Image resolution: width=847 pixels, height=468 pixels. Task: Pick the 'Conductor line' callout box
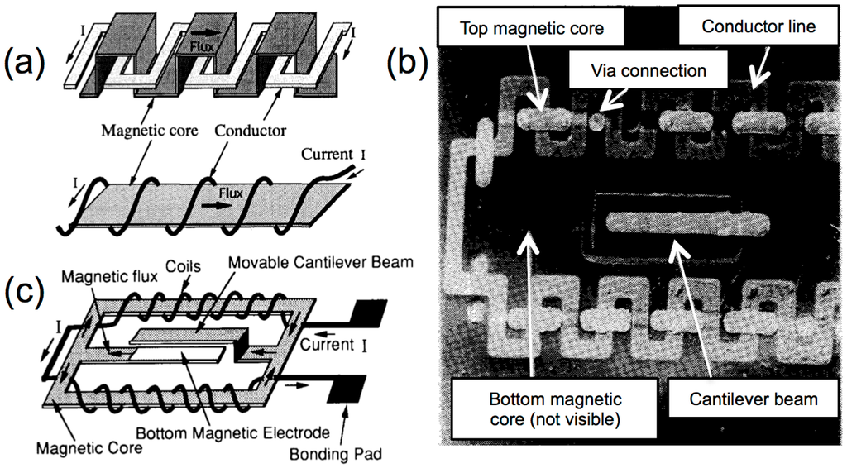pos(758,26)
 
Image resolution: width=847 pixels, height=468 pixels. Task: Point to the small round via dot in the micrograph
pos(595,121)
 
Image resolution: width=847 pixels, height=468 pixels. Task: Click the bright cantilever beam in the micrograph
pos(687,222)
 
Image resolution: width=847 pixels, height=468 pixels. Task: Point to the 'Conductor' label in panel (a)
pos(251,130)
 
